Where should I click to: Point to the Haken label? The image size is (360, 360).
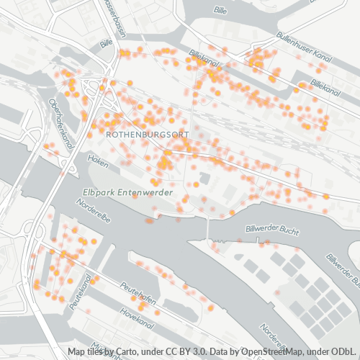pyautogui.click(x=98, y=157)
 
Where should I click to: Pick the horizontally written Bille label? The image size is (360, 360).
pyautogui.click(x=221, y=11)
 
